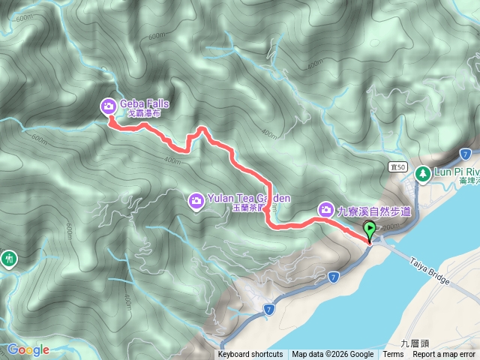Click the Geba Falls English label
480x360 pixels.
point(144,104)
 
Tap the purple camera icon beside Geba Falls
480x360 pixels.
point(109,106)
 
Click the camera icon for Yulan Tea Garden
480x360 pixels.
point(196,199)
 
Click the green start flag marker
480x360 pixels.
point(370,229)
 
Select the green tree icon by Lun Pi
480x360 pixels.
point(422,173)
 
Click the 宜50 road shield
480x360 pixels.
point(397,166)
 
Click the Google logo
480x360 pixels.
point(28,349)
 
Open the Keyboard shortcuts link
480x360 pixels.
point(250,355)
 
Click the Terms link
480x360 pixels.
point(393,355)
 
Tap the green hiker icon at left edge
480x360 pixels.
point(8,258)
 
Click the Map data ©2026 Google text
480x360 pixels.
point(333,355)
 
